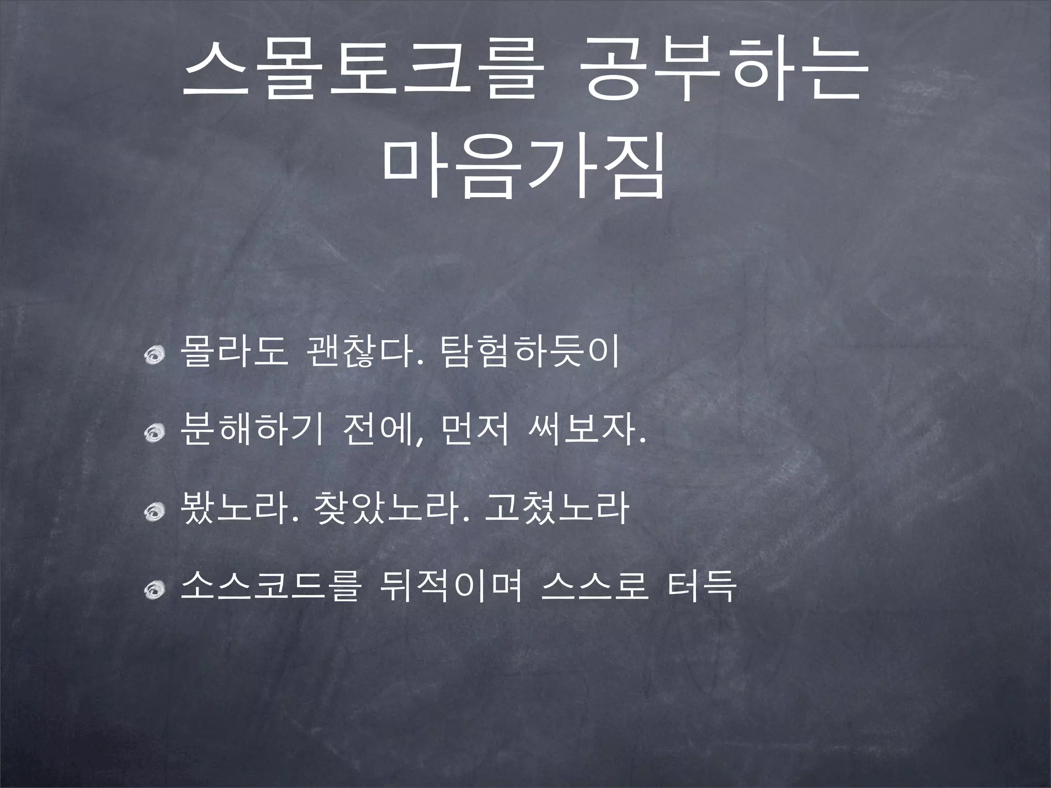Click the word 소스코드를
pos(270,588)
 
